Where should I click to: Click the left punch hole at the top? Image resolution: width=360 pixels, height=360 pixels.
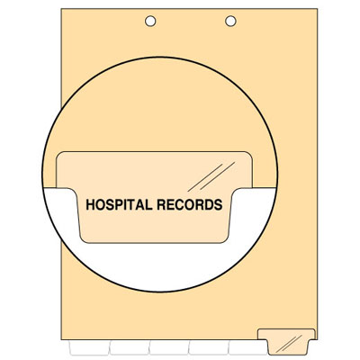point(150,21)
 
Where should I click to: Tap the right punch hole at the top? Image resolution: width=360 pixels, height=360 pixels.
point(230,21)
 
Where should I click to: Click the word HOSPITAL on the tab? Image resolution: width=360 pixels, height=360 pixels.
point(119,204)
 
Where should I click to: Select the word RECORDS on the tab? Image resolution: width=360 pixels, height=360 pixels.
point(190,204)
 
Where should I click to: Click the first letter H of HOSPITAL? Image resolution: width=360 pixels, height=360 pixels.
point(91,204)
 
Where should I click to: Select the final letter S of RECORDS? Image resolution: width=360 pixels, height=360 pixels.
point(219,204)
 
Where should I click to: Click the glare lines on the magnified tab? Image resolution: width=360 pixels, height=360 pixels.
point(211,176)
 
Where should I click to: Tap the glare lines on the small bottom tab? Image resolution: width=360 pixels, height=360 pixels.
point(289,344)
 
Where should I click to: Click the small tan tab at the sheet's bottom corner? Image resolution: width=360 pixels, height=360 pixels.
point(287,342)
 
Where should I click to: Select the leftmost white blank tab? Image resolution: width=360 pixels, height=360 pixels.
point(89,347)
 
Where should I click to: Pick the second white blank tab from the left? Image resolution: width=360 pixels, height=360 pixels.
point(129,347)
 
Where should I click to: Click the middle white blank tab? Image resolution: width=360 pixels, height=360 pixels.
point(169,347)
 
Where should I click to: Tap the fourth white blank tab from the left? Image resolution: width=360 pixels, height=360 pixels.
point(209,347)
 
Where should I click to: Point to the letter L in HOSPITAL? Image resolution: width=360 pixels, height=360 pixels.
point(149,204)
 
